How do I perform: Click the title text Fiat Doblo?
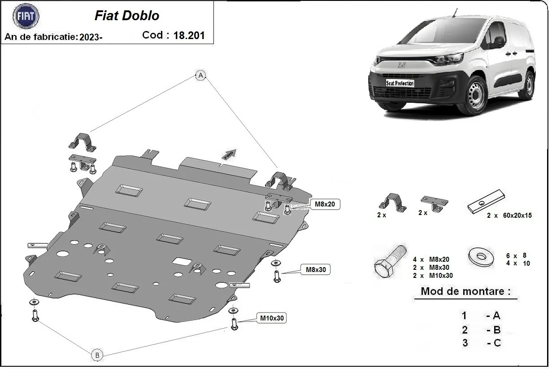click(x=127, y=16)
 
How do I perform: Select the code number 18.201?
click(x=189, y=35)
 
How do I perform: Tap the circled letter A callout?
click(x=200, y=75)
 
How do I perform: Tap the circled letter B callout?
click(x=97, y=355)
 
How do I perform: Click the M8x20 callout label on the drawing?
click(x=325, y=205)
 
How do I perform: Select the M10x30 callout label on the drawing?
click(x=272, y=318)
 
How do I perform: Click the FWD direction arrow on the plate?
click(x=230, y=154)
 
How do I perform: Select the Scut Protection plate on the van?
click(x=400, y=83)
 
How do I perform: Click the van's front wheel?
click(x=474, y=96)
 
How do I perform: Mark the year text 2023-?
click(x=91, y=37)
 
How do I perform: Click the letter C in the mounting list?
click(x=496, y=343)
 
